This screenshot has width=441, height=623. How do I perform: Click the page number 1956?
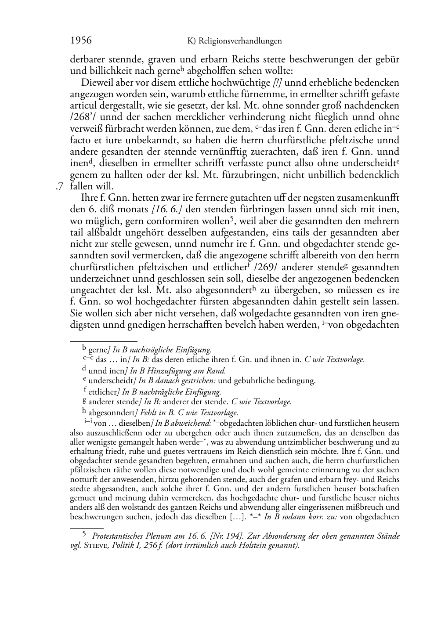tap(81, 40)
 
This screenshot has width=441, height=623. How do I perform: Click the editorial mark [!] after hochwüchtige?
tap(278, 83)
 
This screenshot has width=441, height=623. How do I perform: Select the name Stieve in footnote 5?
tap(96, 546)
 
